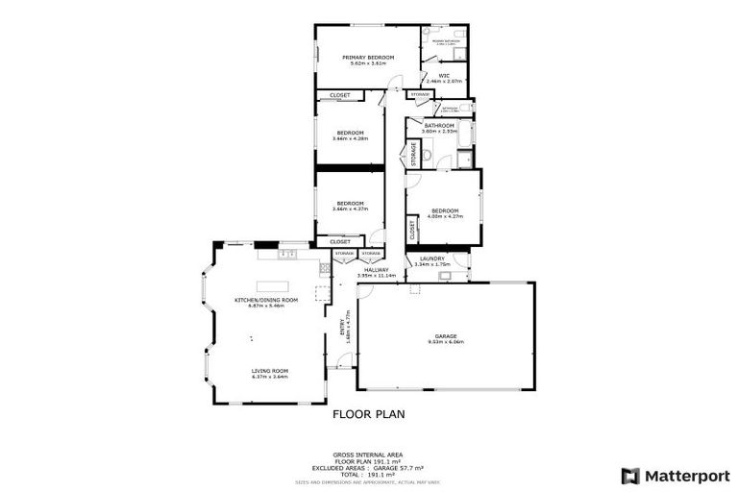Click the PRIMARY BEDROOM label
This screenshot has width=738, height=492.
tap(368, 58)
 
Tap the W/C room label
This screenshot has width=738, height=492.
tap(445, 75)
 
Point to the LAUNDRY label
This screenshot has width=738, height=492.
tap(430, 258)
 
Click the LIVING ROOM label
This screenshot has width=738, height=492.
tap(270, 370)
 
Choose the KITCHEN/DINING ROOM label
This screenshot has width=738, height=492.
tap(266, 300)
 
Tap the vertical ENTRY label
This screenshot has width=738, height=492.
tap(341, 328)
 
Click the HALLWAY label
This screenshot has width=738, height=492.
tap(375, 270)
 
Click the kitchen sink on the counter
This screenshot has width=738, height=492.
tap(285, 255)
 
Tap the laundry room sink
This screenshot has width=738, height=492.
tap(445, 277)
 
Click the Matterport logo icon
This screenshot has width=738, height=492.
tap(629, 475)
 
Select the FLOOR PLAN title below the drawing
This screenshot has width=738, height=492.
tap(368, 415)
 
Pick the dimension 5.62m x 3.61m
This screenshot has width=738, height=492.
tap(368, 64)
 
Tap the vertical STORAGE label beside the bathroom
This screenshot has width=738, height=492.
tap(414, 154)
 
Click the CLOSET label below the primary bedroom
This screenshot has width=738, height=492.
tap(340, 95)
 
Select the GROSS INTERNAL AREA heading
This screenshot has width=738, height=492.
tap(368, 454)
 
